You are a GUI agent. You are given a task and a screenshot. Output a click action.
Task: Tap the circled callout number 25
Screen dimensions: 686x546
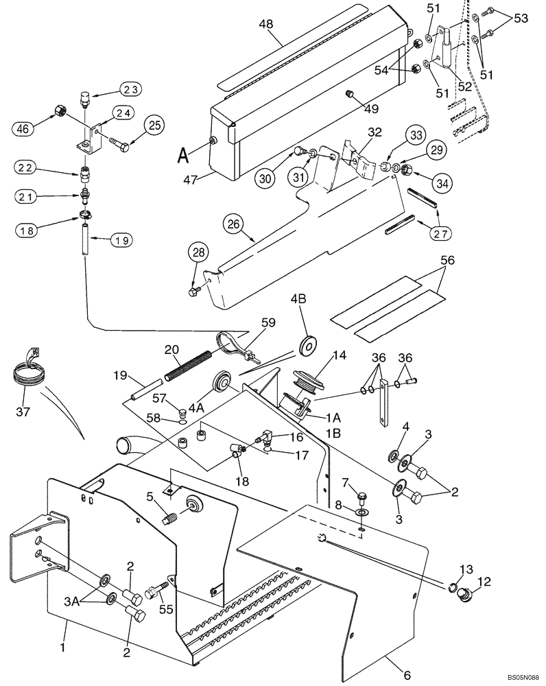(x=154, y=125)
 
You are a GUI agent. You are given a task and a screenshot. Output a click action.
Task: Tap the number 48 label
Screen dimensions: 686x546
(x=265, y=24)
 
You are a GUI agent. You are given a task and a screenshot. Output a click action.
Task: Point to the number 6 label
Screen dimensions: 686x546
(x=407, y=676)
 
